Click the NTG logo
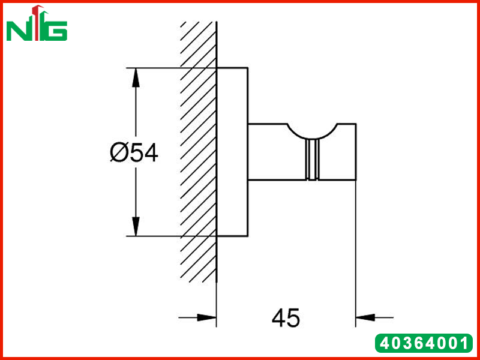37,23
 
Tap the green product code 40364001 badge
424,343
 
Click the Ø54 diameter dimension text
134,153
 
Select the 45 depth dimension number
286,317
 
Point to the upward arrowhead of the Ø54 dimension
136,78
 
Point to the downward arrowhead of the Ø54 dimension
136,226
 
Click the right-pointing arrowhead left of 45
206,318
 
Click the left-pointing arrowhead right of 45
365,318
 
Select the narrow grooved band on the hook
312,159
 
